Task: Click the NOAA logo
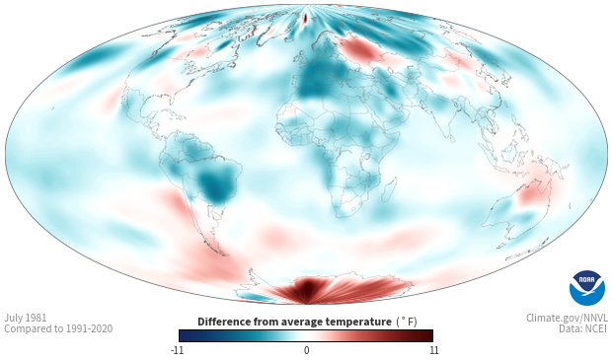coord(587,288)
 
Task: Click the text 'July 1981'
coord(26,318)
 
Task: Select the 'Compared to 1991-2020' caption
coord(58,329)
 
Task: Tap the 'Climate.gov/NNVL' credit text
coord(567,318)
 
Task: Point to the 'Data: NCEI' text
coord(583,329)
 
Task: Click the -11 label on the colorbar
coord(177,350)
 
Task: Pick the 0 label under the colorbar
coord(306,350)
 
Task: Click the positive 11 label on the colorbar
coord(434,350)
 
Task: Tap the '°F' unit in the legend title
coord(407,322)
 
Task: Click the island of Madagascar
coord(389,190)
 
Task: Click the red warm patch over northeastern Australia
coord(532,194)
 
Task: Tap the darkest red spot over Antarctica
coord(306,288)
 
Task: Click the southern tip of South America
coord(222,253)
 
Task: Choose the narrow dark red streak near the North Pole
coord(306,18)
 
